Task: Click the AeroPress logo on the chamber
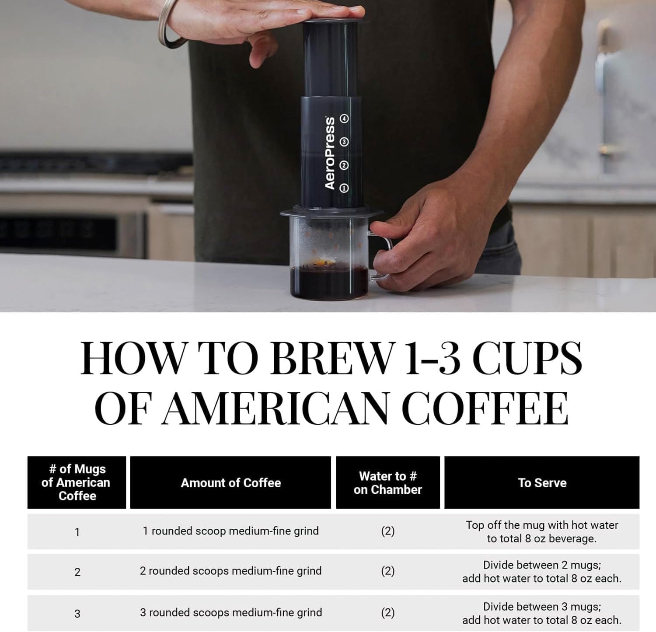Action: [330, 153]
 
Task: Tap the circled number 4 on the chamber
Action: [345, 119]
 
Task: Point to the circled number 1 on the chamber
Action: [344, 188]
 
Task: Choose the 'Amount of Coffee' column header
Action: [230, 483]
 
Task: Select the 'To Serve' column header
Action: [542, 483]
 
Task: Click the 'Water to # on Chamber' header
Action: [387, 483]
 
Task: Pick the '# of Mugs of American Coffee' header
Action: [77, 483]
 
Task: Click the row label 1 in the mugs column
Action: [77, 532]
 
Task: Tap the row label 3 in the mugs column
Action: [77, 614]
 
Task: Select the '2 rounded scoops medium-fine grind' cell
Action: [230, 571]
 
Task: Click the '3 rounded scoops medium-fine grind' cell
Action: [230, 612]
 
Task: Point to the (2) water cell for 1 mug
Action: [387, 531]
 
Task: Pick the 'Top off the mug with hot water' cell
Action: [542, 531]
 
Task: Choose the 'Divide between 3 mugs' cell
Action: [542, 613]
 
